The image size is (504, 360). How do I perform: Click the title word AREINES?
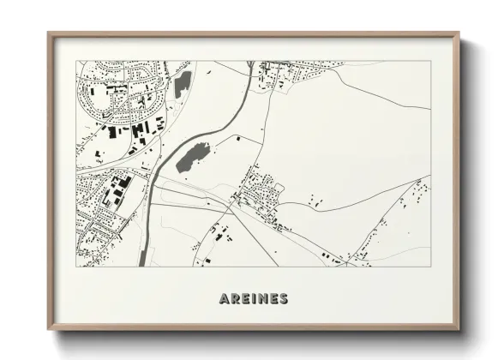[253, 299]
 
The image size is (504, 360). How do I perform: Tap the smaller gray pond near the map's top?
[183, 83]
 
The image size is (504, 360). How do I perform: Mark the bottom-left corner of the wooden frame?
[49, 329]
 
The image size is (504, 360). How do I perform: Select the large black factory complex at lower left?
[113, 190]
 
